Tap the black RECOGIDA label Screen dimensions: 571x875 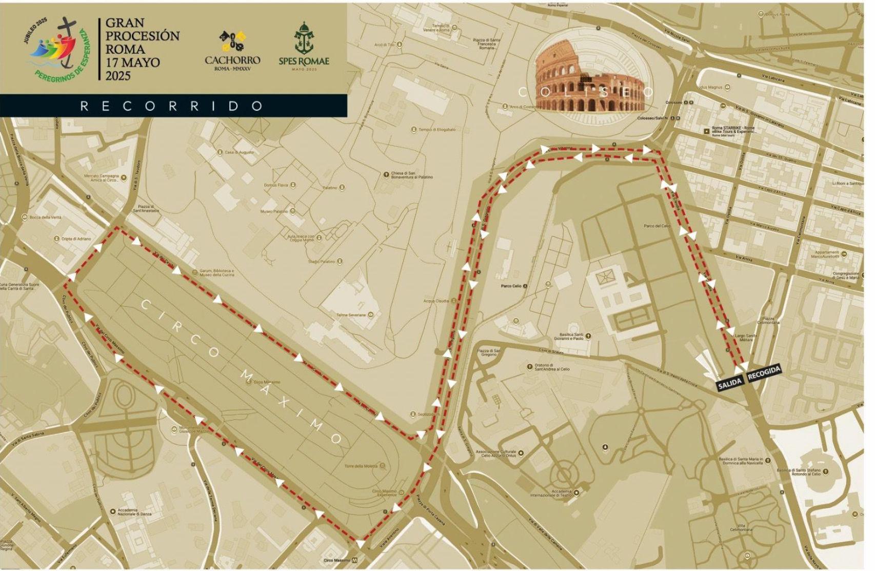(x=764, y=372)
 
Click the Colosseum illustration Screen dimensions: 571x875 (x=589, y=76)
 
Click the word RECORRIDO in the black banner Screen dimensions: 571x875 (x=172, y=106)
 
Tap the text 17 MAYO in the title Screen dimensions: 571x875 (x=132, y=63)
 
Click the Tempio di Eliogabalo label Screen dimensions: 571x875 (x=436, y=130)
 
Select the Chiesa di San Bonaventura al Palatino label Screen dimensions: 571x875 (x=411, y=175)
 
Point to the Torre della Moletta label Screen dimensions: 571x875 (x=362, y=466)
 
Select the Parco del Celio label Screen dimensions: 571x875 (x=657, y=226)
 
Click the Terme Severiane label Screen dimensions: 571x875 (x=351, y=314)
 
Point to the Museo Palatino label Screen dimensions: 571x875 (x=274, y=211)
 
